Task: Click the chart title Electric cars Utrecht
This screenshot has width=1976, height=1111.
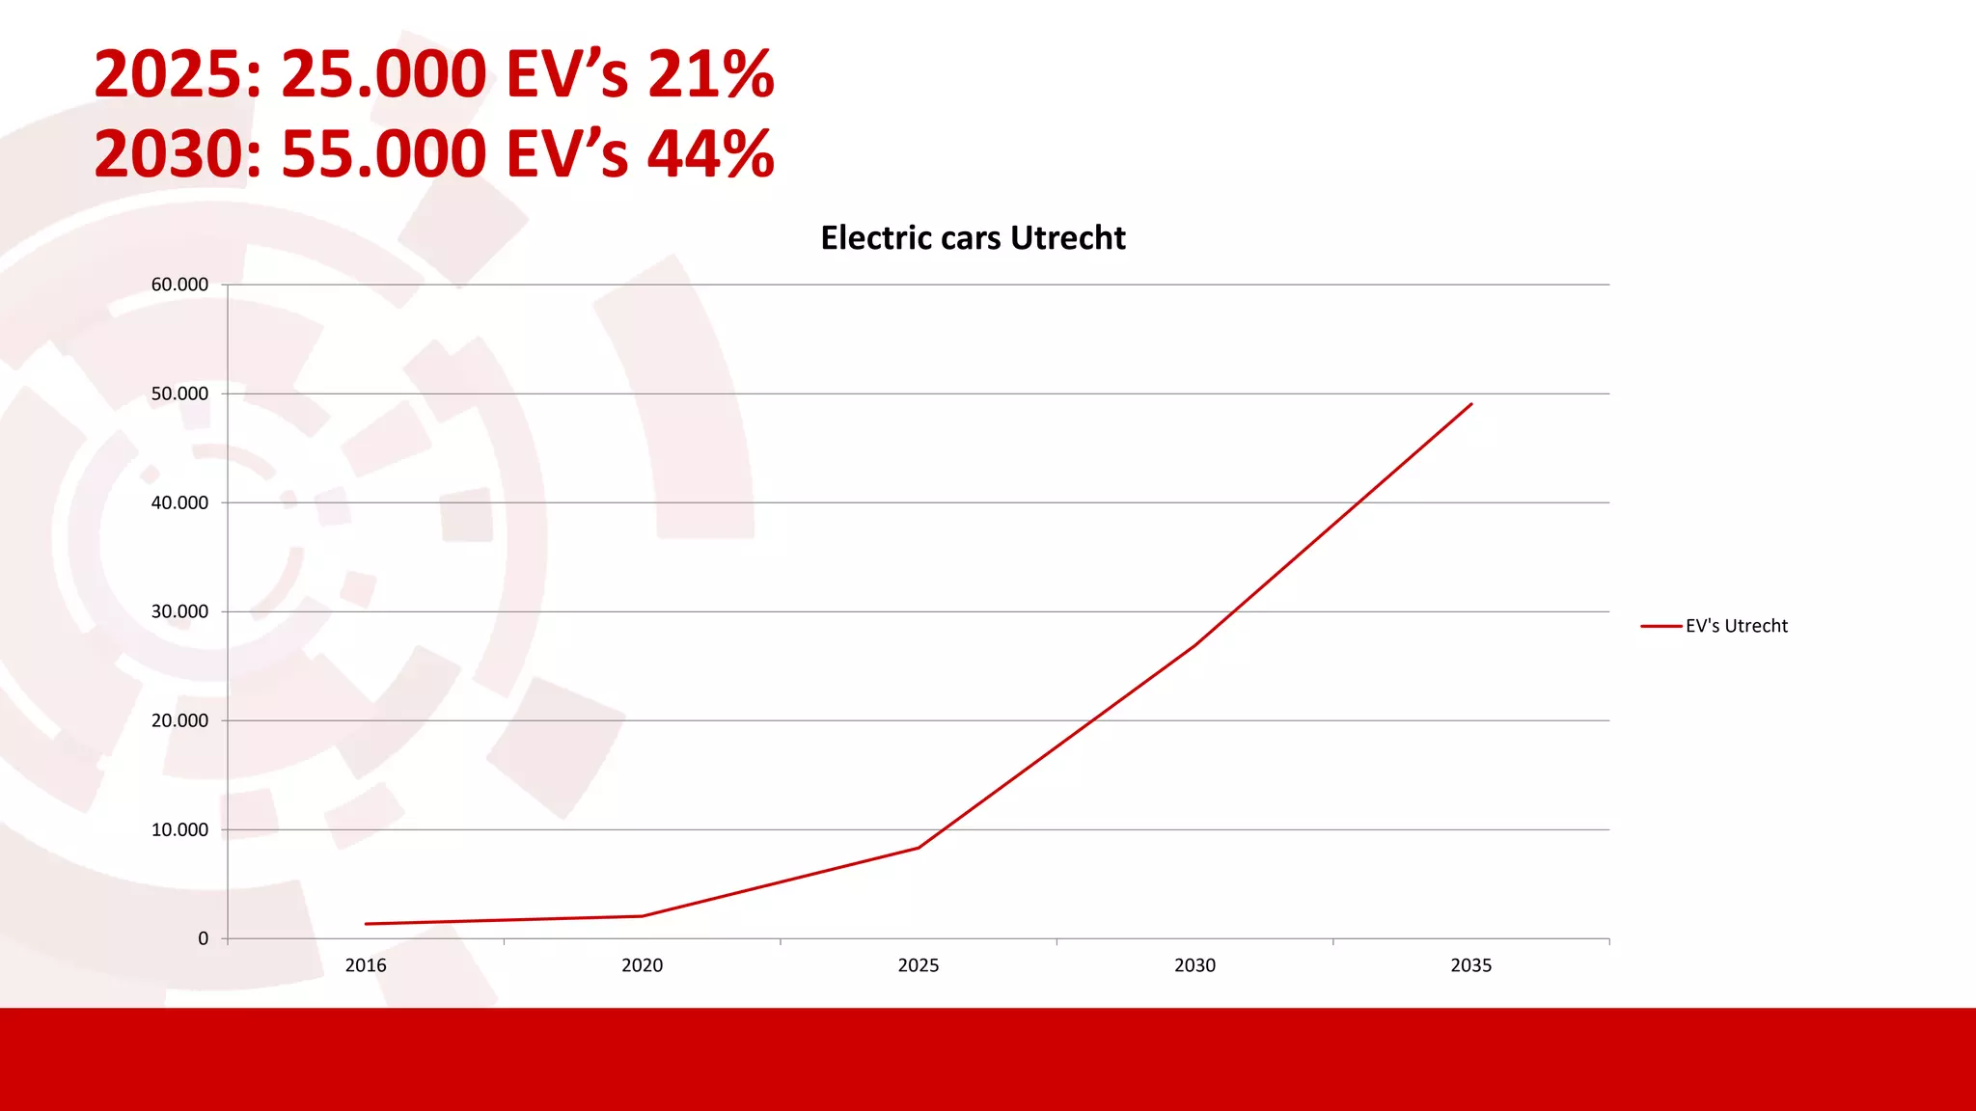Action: [973, 238]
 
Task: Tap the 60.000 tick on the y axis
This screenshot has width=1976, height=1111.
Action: [179, 285]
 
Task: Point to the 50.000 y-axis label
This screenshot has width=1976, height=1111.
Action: [179, 393]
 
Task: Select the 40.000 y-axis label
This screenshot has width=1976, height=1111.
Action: [179, 502]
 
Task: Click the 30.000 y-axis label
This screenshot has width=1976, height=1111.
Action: [179, 611]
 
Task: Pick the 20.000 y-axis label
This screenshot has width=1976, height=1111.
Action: [179, 720]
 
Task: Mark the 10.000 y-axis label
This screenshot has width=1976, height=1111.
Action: [179, 829]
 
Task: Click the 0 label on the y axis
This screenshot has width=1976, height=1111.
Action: [203, 938]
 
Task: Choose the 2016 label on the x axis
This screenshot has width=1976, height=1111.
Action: [366, 965]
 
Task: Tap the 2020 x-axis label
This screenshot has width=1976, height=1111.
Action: [642, 965]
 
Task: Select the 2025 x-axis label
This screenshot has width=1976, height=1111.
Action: [919, 965]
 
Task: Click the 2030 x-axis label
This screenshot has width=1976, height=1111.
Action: [1194, 965]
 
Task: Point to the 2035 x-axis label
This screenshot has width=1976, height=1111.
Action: [1470, 965]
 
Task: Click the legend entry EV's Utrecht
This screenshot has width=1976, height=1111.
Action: [1736, 626]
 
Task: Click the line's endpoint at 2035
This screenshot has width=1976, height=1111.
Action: [1471, 404]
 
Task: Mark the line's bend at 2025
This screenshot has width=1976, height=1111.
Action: [919, 848]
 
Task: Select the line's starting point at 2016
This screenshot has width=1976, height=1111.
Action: [367, 924]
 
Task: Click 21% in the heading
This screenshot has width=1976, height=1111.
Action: [711, 74]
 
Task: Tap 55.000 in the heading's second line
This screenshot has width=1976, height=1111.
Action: [384, 154]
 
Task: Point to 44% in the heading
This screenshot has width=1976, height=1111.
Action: [711, 154]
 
